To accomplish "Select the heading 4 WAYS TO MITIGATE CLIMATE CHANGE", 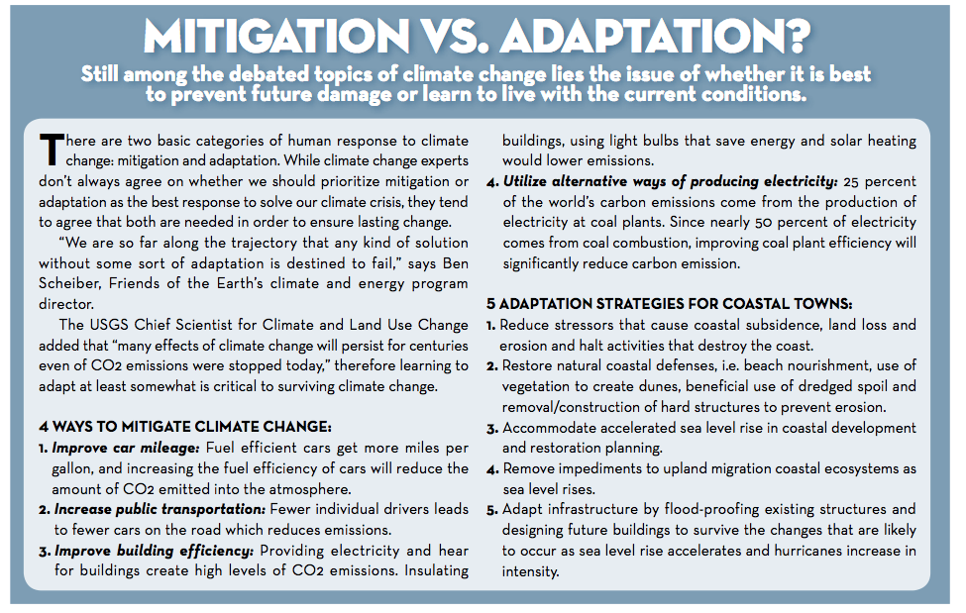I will (184, 427).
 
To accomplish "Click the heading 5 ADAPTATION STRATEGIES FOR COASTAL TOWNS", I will (670, 303).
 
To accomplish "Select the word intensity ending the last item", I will (530, 571).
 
